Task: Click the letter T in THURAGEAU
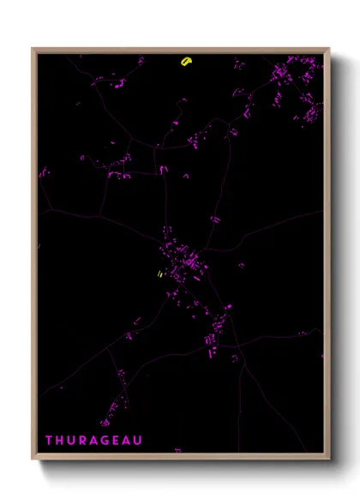coord(49,441)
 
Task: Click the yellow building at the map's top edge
coord(186,61)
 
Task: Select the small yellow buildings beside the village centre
coord(159,274)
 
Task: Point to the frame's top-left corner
coord(33,49)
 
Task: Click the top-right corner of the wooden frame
coord(328,49)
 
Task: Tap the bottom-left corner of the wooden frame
coord(33,460)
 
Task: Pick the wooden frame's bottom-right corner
coord(328,460)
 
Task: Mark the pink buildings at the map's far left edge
coord(43,175)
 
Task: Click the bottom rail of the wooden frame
coord(181,459)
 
